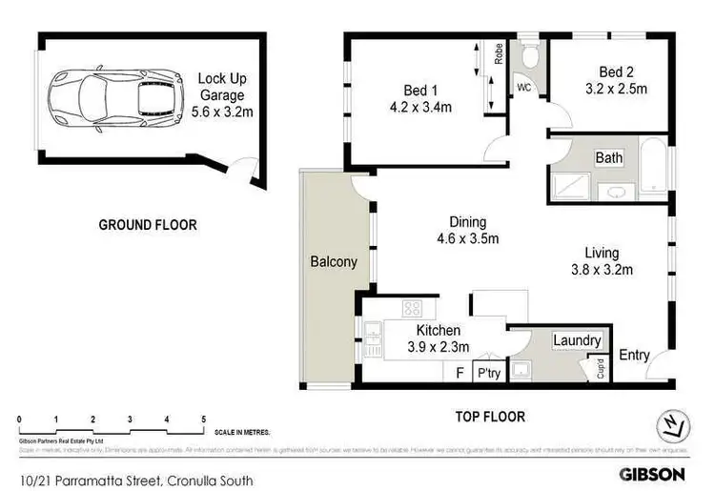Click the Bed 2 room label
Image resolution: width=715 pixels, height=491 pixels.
(616, 72)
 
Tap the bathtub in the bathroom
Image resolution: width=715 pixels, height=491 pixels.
(654, 171)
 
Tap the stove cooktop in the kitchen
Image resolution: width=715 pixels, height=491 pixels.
(413, 308)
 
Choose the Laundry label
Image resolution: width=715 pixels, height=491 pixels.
(577, 340)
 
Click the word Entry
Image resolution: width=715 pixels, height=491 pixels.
(635, 355)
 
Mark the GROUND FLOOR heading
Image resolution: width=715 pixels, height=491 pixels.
(148, 225)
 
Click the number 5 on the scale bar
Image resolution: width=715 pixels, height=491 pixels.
(203, 419)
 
